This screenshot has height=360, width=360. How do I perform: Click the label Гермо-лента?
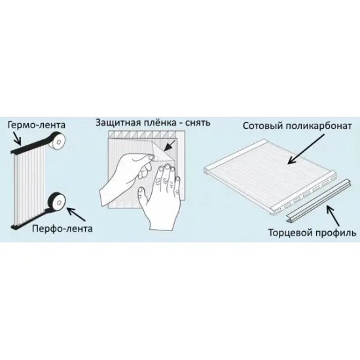[37, 125]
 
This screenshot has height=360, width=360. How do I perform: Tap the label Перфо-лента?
[62, 228]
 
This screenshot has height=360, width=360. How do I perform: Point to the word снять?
[198, 123]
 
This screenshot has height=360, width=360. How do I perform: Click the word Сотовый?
[261, 126]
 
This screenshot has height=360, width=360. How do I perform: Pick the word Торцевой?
[290, 233]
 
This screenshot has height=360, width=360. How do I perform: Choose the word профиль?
[336, 233]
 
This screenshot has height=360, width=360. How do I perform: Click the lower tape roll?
[57, 202]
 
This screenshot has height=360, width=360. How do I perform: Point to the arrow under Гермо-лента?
[17, 138]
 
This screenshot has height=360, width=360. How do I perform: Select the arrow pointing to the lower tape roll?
[76, 214]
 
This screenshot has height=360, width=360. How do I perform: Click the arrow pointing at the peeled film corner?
[170, 146]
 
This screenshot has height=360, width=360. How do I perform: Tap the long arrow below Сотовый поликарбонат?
[306, 149]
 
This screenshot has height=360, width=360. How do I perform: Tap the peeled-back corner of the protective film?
[164, 152]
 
